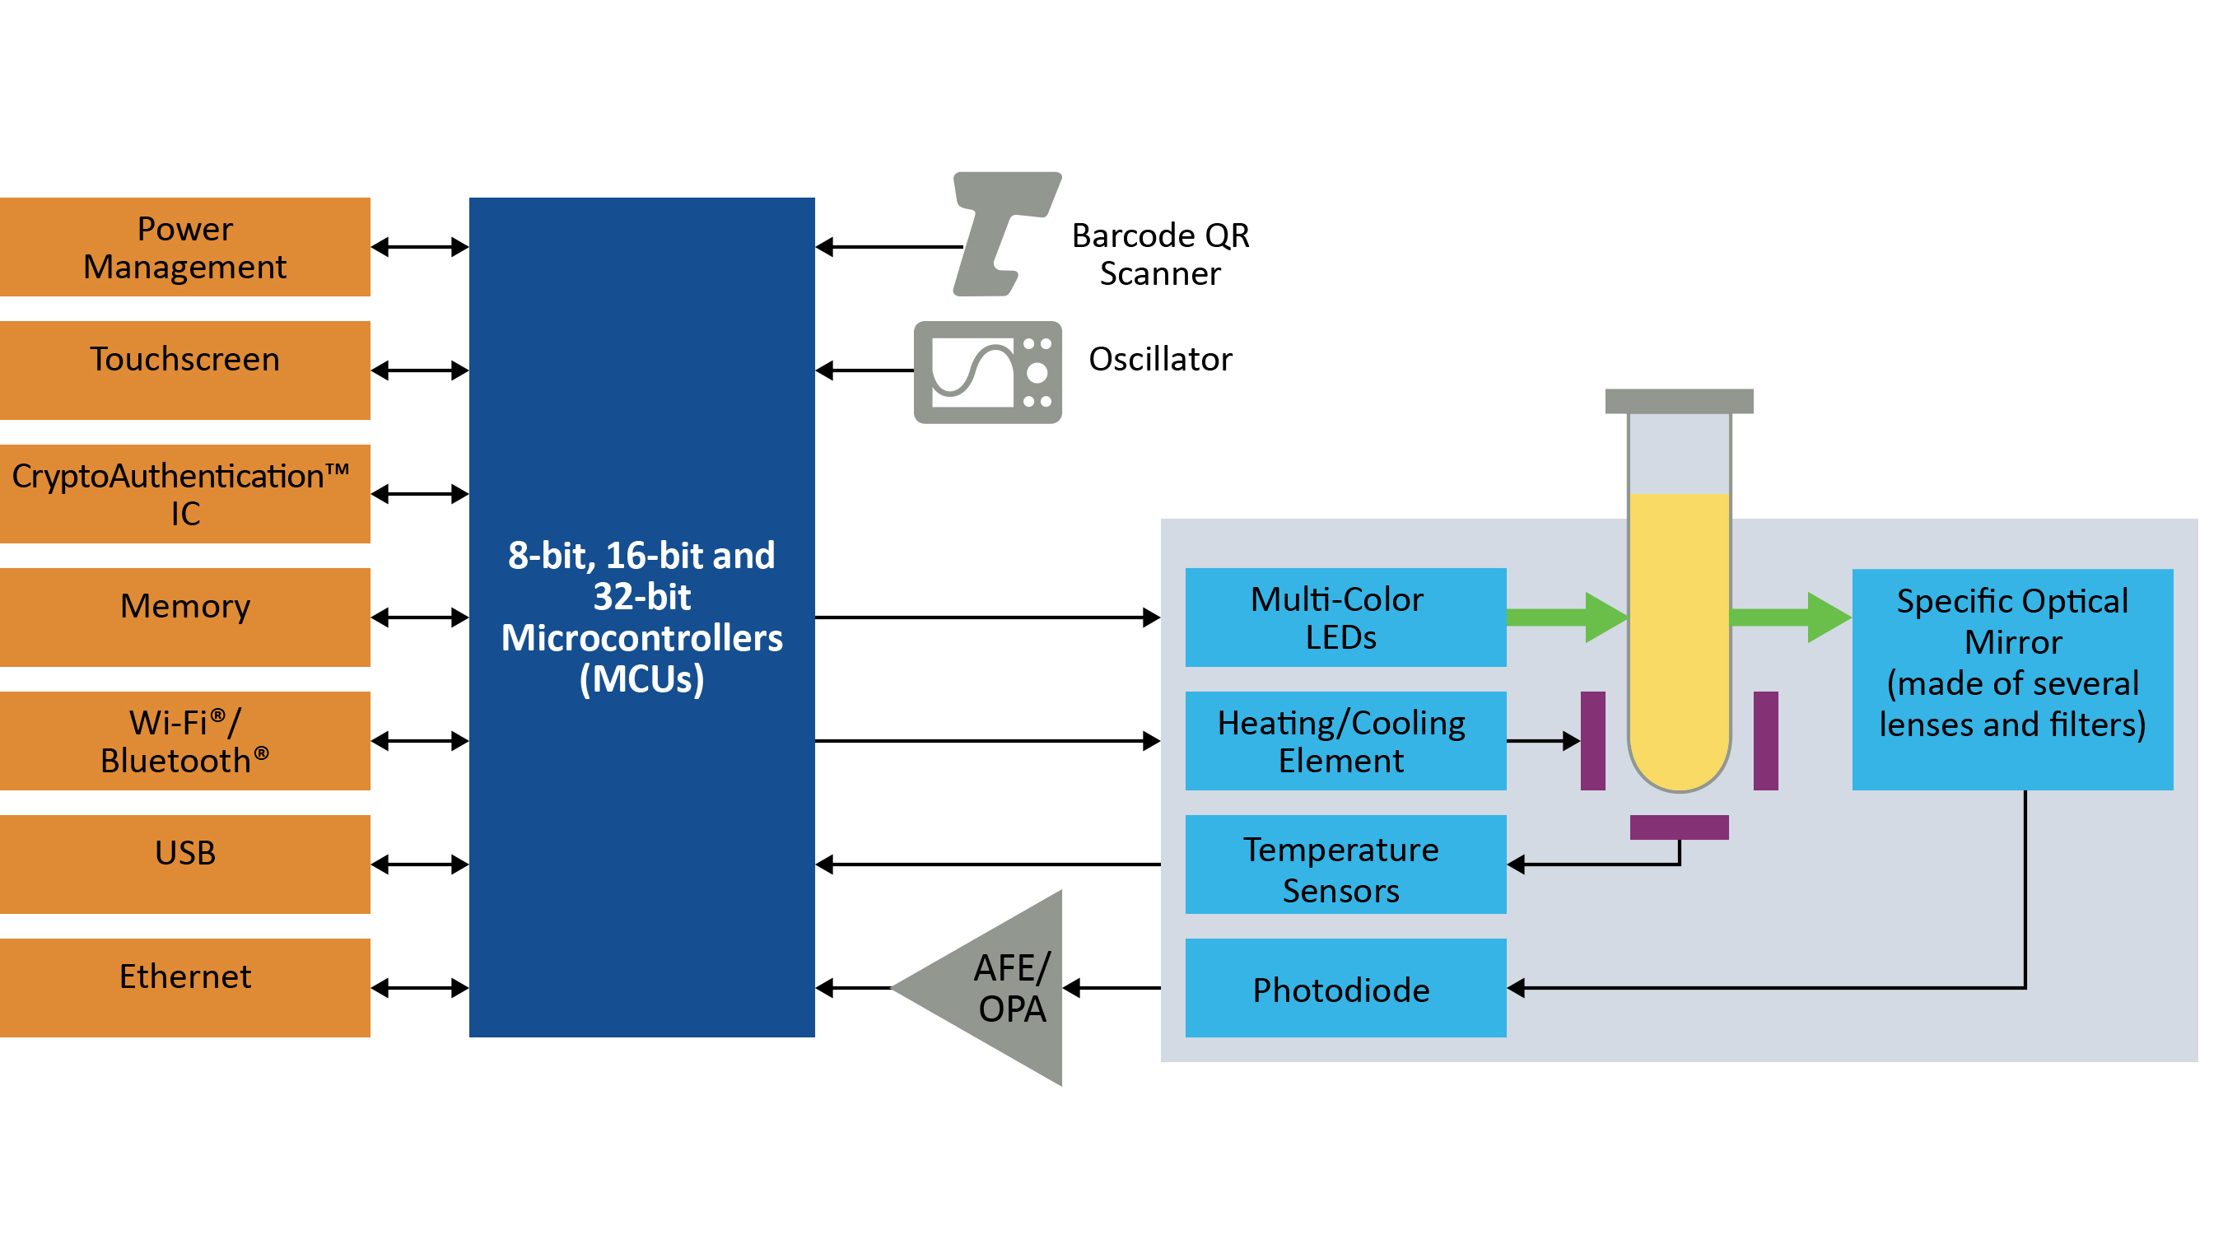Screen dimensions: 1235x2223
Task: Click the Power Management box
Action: (x=184, y=247)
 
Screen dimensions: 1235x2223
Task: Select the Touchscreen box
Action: (x=184, y=370)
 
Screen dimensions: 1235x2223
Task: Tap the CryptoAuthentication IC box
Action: (x=184, y=494)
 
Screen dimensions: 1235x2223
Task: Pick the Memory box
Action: (x=184, y=617)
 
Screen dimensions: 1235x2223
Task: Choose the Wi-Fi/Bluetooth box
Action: (x=184, y=740)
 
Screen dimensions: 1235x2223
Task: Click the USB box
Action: (x=184, y=864)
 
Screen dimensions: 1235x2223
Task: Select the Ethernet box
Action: (x=184, y=987)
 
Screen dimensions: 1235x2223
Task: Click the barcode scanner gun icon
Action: (x=1004, y=233)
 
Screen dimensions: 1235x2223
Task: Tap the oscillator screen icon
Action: (x=987, y=372)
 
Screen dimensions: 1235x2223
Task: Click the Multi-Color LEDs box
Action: (x=1345, y=617)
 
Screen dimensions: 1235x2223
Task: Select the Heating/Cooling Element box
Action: (x=1345, y=740)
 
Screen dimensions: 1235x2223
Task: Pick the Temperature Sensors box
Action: (x=1345, y=864)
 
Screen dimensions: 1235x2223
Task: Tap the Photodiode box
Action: (x=1345, y=987)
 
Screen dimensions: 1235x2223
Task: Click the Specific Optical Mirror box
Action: (x=2011, y=678)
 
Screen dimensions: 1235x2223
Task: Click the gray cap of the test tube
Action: (x=1679, y=400)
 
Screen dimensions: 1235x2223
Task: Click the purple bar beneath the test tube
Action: (x=1679, y=827)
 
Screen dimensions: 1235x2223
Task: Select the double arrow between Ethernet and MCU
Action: (x=419, y=987)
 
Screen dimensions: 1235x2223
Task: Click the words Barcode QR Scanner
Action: (x=1160, y=254)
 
